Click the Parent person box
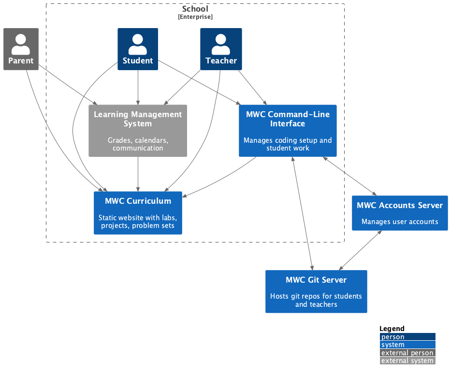coord(21,49)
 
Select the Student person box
coord(138,49)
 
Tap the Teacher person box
coord(221,49)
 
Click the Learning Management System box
coord(138,131)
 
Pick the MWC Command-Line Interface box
coord(288,131)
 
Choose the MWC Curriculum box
coord(138,213)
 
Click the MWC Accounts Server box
coord(400,213)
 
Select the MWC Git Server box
coord(316,291)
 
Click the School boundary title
coord(195,9)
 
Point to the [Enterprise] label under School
coord(195,17)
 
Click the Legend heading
coord(392,329)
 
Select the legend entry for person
coord(407,337)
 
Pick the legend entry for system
coord(407,345)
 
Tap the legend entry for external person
coord(407,353)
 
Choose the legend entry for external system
coord(407,361)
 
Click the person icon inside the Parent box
coord(21,44)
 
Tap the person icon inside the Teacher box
coord(221,44)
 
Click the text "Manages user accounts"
coord(400,222)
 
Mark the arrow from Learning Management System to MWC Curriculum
coord(138,174)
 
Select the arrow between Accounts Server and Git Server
coord(361,250)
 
